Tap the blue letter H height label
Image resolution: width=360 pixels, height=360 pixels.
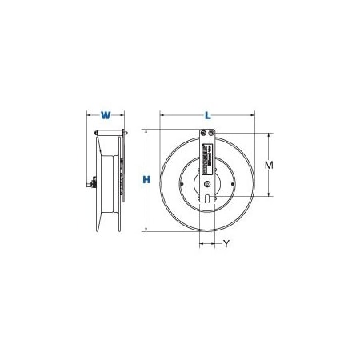(x=146, y=181)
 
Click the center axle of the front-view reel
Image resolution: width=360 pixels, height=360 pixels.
(x=207, y=183)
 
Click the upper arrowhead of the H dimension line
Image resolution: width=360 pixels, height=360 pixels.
(x=146, y=130)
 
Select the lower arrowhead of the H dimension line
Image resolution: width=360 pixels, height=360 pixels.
(x=146, y=233)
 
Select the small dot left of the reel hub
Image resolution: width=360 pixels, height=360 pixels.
(x=186, y=183)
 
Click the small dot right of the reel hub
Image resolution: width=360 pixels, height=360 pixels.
(x=230, y=183)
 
